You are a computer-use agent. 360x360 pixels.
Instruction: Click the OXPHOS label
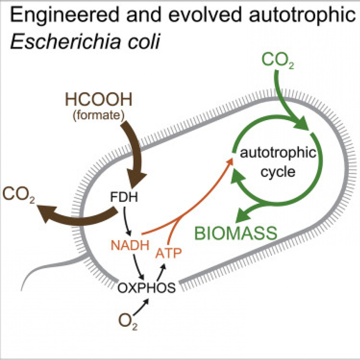point(146,288)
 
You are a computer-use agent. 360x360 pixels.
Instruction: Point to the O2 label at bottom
point(128,322)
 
